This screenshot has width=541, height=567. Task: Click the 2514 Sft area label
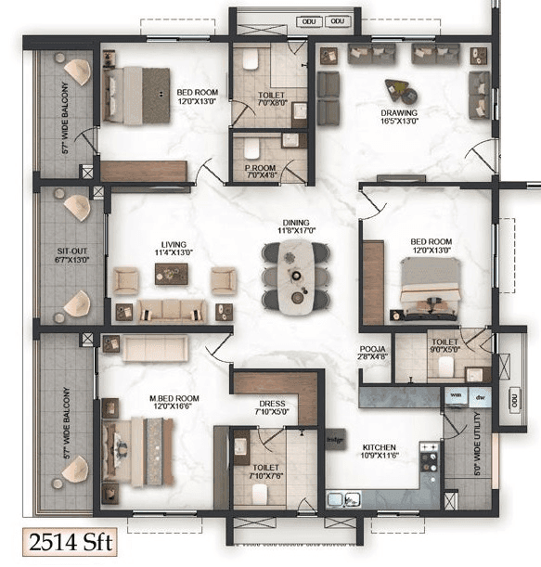(71, 539)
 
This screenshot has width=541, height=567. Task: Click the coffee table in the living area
(172, 273)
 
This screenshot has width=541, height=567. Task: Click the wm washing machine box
(456, 395)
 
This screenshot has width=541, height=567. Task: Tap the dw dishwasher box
(480, 396)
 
